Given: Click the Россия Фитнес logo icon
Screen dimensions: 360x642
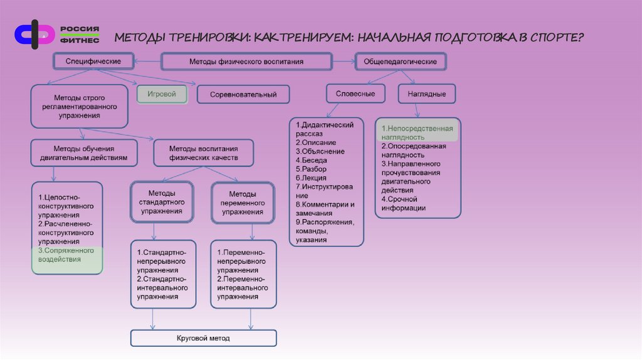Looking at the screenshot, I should tap(35, 35).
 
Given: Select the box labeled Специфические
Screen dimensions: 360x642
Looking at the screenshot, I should tap(93, 61).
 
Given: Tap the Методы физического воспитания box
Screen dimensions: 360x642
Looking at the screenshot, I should tap(246, 62).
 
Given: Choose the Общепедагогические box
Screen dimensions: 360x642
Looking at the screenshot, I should tap(401, 62).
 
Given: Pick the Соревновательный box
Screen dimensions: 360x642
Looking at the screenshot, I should tap(243, 95).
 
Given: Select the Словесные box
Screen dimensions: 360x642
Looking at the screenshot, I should tap(355, 93).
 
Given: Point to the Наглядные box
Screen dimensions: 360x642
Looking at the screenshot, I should tap(426, 94).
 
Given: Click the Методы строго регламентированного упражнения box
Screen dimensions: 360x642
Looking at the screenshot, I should tap(78, 107).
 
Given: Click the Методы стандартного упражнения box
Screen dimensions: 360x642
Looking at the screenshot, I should tap(162, 203).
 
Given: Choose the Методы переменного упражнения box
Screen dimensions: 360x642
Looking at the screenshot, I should tap(242, 203).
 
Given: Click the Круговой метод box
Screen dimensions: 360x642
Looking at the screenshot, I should tap(203, 338).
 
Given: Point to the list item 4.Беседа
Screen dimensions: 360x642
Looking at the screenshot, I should tap(314, 160).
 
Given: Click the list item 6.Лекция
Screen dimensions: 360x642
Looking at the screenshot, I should tap(314, 177).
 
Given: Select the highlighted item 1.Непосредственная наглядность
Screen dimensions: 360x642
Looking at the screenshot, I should tap(417, 132).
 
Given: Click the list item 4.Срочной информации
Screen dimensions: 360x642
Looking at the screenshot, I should tap(404, 203).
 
